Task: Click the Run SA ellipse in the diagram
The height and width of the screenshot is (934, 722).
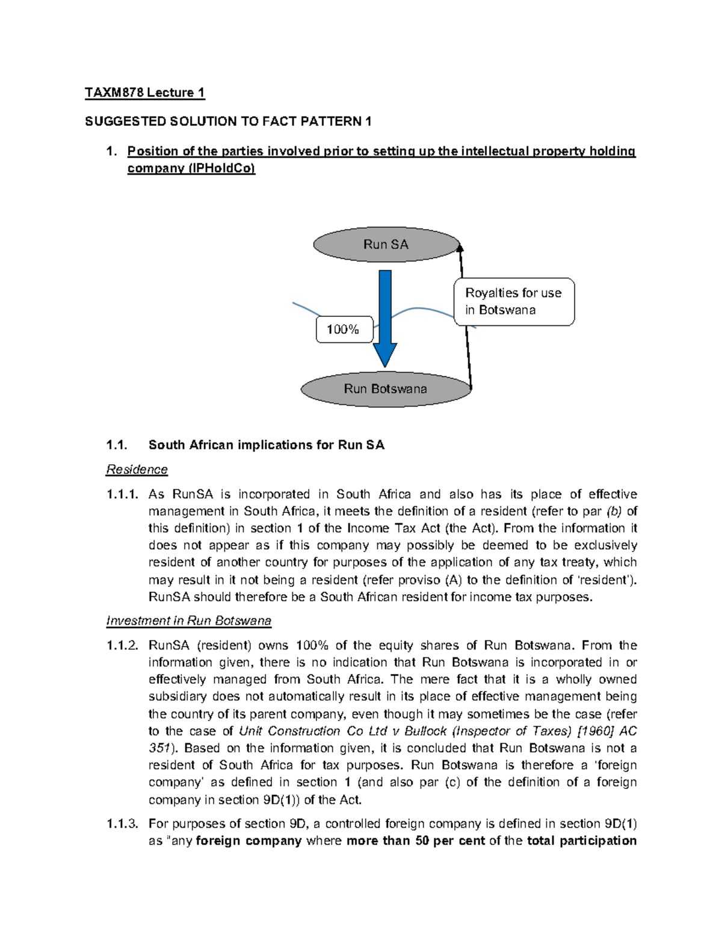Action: point(386,245)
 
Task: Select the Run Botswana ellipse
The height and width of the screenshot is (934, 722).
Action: point(385,389)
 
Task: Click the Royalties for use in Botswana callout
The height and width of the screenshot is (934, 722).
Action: point(514,302)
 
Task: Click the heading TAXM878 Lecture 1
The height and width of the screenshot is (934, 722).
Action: point(144,93)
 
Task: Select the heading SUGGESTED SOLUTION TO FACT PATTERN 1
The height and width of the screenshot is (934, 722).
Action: point(228,121)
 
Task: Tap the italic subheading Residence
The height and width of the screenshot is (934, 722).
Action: point(137,469)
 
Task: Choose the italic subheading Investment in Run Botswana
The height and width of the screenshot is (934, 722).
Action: point(188,621)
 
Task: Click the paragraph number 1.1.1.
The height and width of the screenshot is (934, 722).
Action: point(122,494)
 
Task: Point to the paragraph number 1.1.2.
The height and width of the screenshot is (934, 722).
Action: point(122,645)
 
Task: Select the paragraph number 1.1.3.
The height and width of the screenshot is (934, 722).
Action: point(122,823)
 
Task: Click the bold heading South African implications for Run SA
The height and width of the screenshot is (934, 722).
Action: point(266,445)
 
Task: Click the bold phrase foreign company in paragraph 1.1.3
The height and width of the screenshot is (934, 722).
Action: point(248,841)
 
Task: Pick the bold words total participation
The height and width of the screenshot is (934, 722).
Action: point(581,841)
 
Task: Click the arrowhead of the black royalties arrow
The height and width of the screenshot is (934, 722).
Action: point(460,245)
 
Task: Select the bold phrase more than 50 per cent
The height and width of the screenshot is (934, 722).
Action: point(416,841)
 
